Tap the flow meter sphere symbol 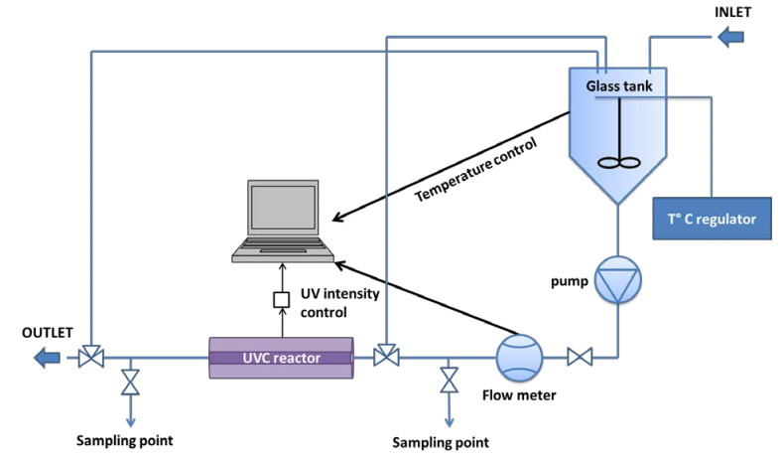[x=519, y=355]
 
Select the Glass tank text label [x=624, y=85]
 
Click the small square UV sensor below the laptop [x=281, y=299]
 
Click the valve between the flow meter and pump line [x=579, y=356]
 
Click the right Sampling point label [x=441, y=441]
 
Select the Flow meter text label [x=519, y=396]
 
